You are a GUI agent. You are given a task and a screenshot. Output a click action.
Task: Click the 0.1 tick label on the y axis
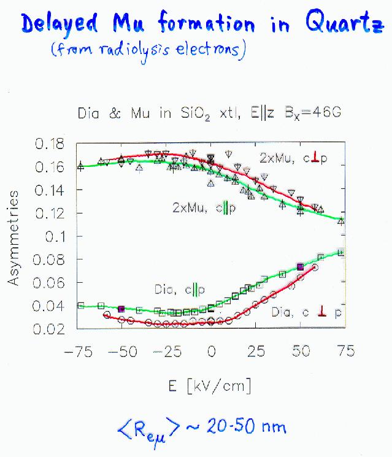pyautogui.click(x=61, y=236)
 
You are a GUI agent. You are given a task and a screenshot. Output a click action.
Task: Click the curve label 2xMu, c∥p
pyautogui.click(x=204, y=209)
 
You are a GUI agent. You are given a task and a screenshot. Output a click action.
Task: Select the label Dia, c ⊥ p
pyautogui.click(x=306, y=312)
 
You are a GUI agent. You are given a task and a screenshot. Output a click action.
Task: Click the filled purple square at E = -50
pyautogui.click(x=121, y=309)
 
